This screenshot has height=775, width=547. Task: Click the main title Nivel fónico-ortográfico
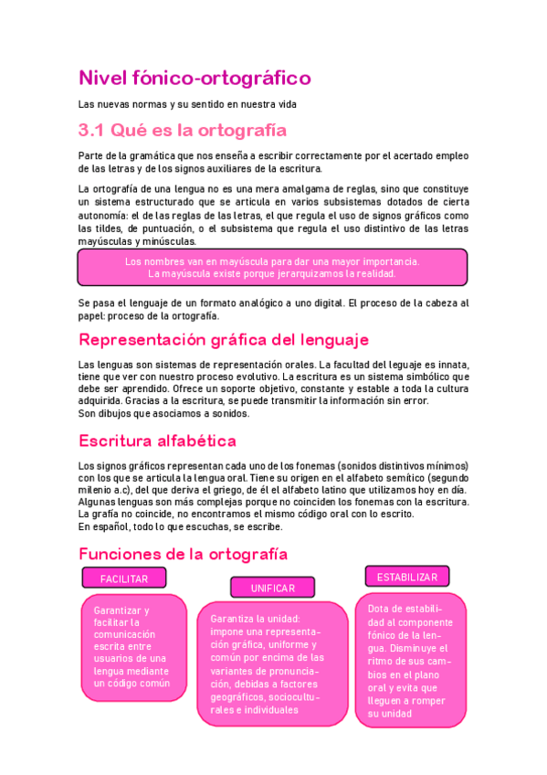195,78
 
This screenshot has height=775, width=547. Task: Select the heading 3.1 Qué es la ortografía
183,131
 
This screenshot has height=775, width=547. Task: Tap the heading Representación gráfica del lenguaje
224,340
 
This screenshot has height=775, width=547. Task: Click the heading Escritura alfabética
157,441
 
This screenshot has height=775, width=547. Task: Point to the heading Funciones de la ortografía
183,554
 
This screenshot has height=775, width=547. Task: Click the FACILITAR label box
124,579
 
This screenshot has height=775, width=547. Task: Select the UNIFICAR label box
272,588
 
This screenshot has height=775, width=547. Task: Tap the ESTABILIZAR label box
407,577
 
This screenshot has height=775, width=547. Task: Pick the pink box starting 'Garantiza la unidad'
272,663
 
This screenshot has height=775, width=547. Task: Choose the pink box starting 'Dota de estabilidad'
409,660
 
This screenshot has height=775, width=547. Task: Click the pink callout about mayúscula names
272,267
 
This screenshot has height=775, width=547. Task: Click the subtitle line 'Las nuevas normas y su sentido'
195,105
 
